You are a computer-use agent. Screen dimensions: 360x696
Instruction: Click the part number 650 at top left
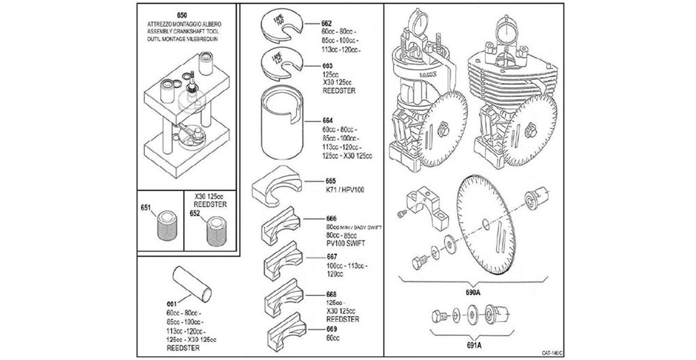click(x=182, y=14)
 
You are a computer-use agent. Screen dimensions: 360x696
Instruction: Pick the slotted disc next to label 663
click(x=280, y=65)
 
